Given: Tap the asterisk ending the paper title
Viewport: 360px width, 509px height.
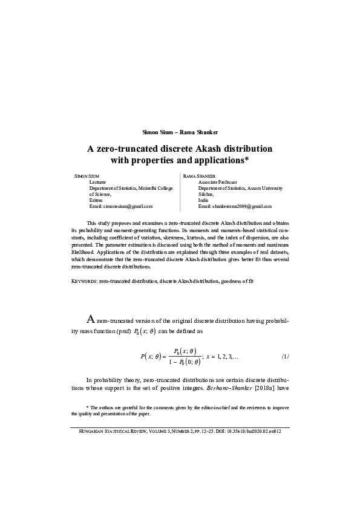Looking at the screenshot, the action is pyautogui.click(x=248, y=160).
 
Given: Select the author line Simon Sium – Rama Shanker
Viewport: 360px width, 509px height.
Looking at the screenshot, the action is pyautogui.click(x=180, y=132).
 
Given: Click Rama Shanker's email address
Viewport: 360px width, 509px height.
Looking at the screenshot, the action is pyautogui.click(x=231, y=207).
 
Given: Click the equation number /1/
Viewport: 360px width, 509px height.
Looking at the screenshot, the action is pyautogui.click(x=286, y=356).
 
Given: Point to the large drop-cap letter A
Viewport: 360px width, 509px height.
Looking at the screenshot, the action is pyautogui.click(x=91, y=320).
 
